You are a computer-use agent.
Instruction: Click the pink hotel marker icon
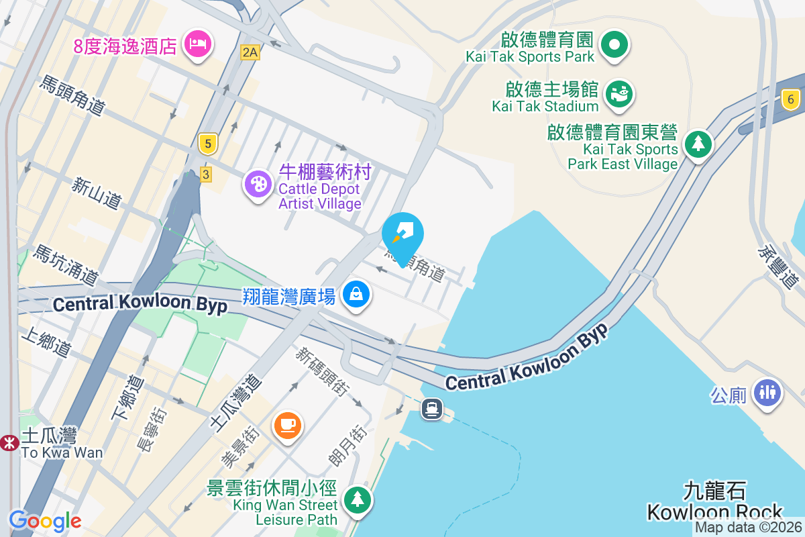197,44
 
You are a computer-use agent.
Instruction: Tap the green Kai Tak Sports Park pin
614,45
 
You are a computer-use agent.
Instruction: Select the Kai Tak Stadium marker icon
619,93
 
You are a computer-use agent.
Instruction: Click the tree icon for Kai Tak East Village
698,143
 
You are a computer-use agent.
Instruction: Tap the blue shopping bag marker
356,294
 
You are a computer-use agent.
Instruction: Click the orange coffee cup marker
288,425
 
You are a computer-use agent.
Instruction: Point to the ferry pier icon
431,408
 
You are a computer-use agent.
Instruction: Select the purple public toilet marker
768,392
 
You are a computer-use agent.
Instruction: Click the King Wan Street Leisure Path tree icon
358,499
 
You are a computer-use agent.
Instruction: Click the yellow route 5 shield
209,143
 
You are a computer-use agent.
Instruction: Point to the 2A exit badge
250,52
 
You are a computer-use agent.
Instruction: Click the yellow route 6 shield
791,100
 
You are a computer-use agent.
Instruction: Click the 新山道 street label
98,191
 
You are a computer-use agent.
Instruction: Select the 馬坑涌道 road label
66,264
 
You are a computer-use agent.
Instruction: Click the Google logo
45,520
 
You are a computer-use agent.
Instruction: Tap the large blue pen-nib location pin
402,235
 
